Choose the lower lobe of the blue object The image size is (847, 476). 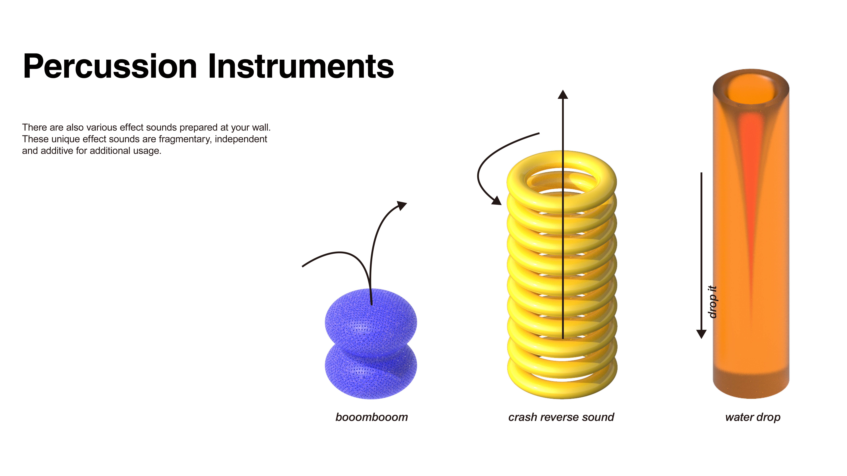pos(371,374)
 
